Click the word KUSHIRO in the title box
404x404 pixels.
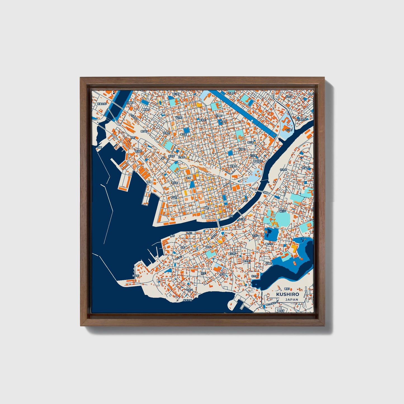point(287,294)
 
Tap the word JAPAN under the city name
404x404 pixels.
point(292,299)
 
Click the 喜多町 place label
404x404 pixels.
point(144,131)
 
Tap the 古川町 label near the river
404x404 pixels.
point(289,130)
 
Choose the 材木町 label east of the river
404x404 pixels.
point(283,170)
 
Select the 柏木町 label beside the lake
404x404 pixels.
point(255,276)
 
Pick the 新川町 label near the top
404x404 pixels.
point(175,94)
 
